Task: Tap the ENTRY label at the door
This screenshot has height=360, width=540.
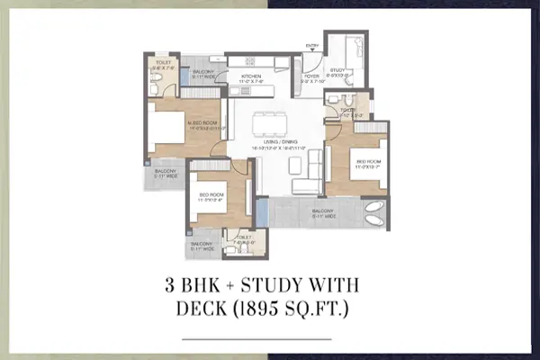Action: (312, 44)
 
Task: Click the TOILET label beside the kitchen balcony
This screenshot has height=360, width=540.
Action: (162, 64)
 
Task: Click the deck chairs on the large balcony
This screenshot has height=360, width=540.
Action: (372, 214)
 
